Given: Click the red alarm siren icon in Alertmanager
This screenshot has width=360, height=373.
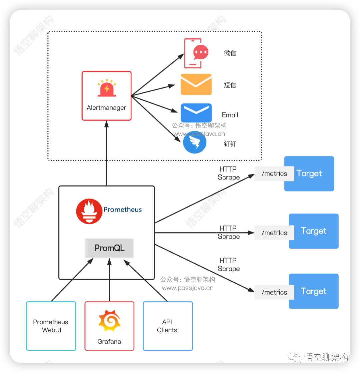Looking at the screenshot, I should pyautogui.click(x=107, y=88).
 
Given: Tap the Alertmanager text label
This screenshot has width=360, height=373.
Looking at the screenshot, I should pyautogui.click(x=106, y=108).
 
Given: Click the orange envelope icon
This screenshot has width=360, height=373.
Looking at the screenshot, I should pyautogui.click(x=196, y=84).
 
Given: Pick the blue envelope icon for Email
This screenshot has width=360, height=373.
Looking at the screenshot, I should pyautogui.click(x=196, y=113).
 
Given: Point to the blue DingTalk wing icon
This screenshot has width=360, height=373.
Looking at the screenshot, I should pyautogui.click(x=195, y=143).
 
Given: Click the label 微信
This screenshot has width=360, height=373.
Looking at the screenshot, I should pyautogui.click(x=230, y=53).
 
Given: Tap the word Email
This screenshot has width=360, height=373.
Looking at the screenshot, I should pyautogui.click(x=230, y=115).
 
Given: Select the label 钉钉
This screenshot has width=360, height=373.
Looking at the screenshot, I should pyautogui.click(x=230, y=144).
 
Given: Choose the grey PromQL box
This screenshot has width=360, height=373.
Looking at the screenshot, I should pyautogui.click(x=109, y=248).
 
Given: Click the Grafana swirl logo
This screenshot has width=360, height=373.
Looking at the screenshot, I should pyautogui.click(x=109, y=320).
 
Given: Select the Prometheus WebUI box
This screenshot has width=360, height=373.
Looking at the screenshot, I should pyautogui.click(x=51, y=326).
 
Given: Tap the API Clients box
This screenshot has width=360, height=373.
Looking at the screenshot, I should pyautogui.click(x=168, y=326).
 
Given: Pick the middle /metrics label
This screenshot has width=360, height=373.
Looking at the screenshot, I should pyautogui.click(x=274, y=233).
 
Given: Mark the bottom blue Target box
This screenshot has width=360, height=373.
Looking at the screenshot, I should pyautogui.click(x=314, y=291).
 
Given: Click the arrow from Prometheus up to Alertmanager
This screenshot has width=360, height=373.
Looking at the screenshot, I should pyautogui.click(x=107, y=153).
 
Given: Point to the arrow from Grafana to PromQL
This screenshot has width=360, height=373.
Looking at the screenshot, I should pyautogui.click(x=109, y=280).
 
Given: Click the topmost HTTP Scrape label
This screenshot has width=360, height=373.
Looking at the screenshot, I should pyautogui.click(x=229, y=173).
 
